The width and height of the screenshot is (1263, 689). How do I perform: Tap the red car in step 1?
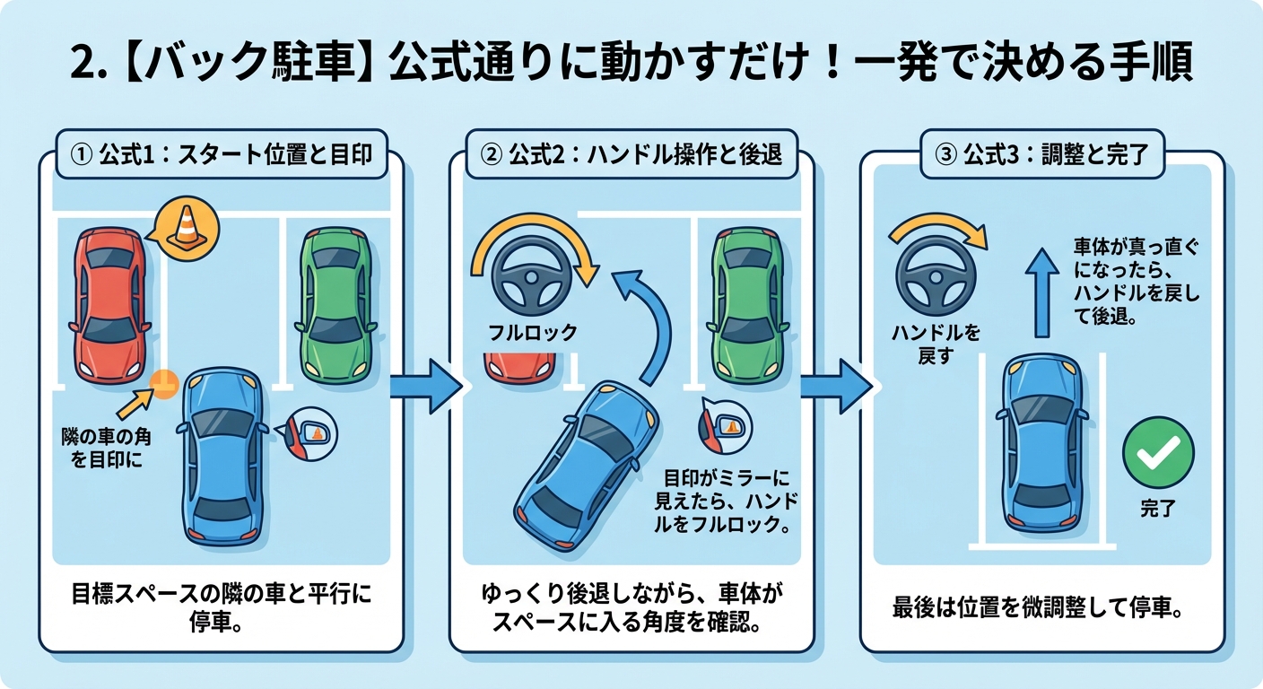[109, 304]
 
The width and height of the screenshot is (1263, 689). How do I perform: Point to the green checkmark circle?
[1158, 453]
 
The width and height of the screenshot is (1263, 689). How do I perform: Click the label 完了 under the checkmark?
[1158, 509]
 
